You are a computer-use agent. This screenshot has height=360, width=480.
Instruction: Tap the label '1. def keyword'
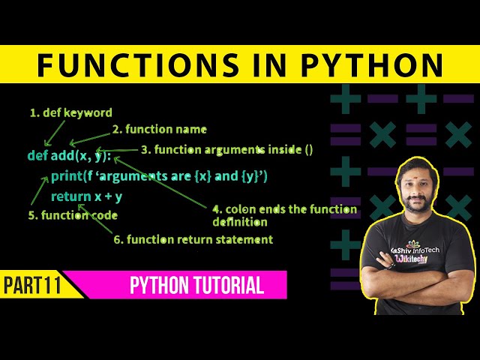(x=70, y=113)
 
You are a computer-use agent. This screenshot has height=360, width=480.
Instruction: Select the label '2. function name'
(x=159, y=129)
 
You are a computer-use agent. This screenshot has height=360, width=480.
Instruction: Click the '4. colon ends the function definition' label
(x=285, y=215)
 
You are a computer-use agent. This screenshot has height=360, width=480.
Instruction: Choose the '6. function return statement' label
(x=193, y=239)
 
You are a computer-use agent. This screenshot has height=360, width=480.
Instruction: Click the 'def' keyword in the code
(x=37, y=156)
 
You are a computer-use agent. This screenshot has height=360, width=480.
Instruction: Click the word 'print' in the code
(x=67, y=177)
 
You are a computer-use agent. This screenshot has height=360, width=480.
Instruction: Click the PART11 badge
(x=32, y=286)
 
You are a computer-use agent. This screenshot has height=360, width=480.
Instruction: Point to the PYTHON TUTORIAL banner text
(x=196, y=286)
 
